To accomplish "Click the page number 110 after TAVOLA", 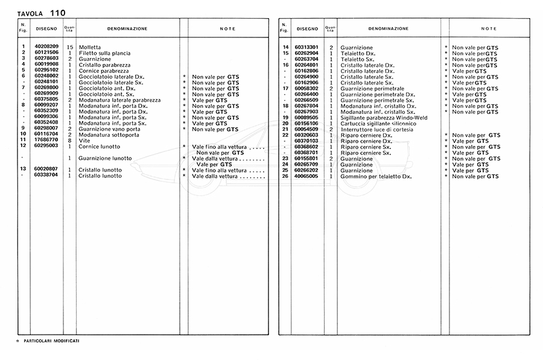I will [59, 12].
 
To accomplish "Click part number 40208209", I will [46, 47].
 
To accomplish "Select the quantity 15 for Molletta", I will [69, 47].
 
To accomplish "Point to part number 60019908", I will [46, 64].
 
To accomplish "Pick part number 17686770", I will [46, 140].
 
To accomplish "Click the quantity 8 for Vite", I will [69, 140].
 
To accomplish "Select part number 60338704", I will [46, 175].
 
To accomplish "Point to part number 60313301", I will [307, 47].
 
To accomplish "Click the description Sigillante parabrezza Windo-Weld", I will [382, 118].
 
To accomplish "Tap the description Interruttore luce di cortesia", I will [378, 129].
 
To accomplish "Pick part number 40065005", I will [307, 176].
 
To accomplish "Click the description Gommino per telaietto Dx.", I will [376, 176].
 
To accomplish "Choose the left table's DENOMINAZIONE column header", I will [127, 28].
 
